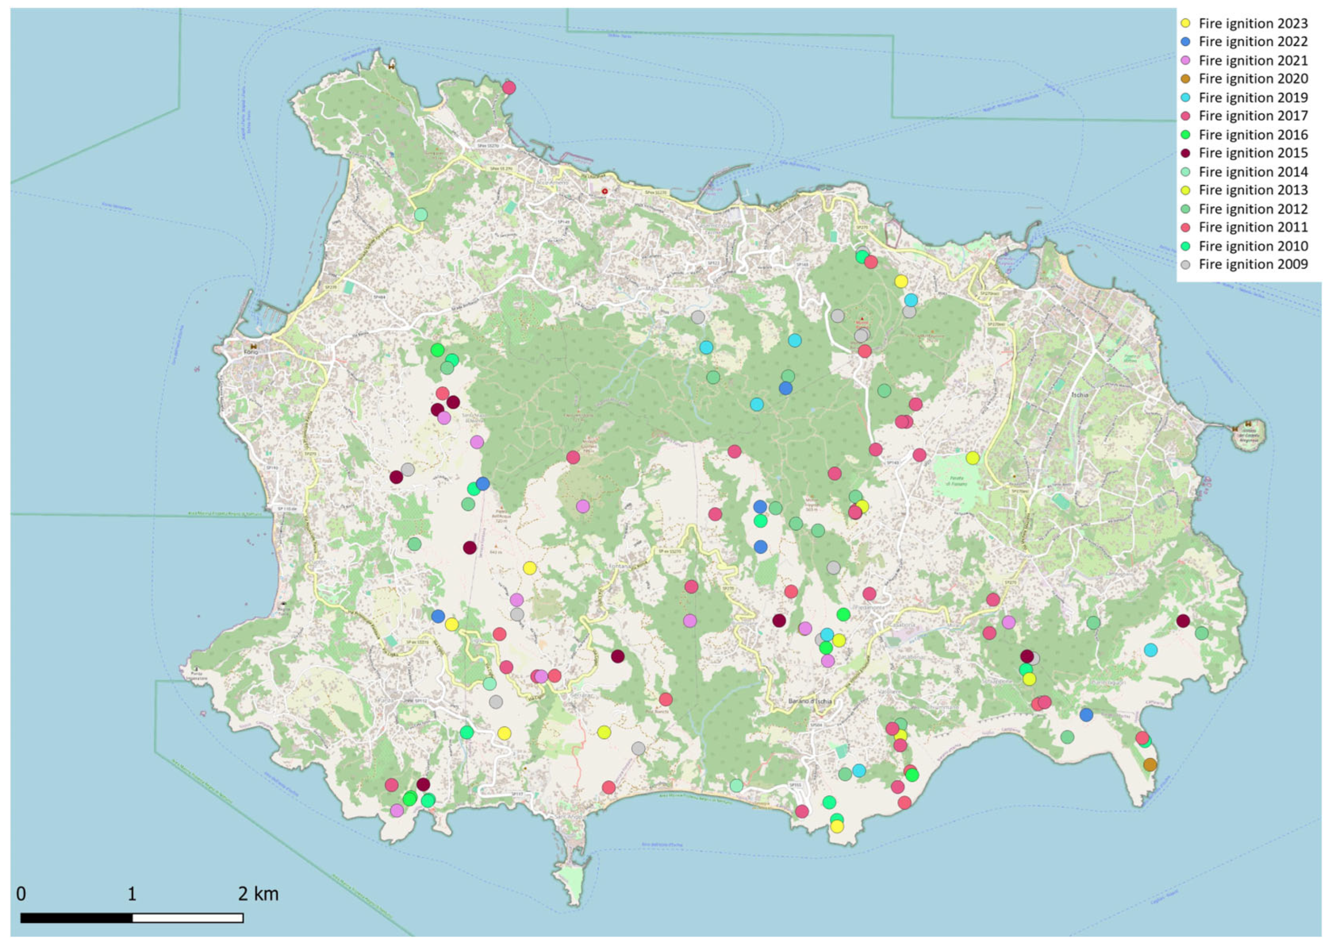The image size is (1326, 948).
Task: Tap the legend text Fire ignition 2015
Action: pos(1253,153)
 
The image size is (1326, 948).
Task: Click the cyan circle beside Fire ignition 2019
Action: pos(1185,97)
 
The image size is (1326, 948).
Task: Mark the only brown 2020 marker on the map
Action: pos(1150,765)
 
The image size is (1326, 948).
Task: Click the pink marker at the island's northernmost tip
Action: pos(509,88)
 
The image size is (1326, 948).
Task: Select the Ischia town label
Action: pos(1079,395)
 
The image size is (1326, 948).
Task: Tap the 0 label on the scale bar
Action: pos(21,894)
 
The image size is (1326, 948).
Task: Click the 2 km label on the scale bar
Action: pos(258,894)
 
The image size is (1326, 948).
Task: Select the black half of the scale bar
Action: pos(76,918)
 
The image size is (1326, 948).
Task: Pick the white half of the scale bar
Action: pos(187,918)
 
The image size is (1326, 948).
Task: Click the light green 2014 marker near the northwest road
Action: pos(421,215)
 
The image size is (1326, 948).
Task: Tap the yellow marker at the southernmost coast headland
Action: pos(837,827)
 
